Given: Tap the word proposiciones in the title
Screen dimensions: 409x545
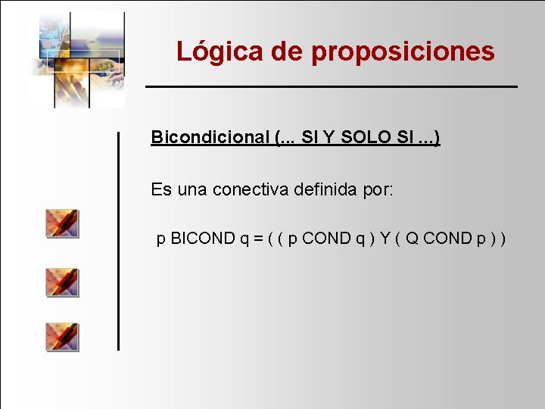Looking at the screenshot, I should tap(403, 52).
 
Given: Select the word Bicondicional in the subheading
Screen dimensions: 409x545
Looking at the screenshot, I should tap(210, 137).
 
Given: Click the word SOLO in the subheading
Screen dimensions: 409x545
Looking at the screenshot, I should tap(369, 137).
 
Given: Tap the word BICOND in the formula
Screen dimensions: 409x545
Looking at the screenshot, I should tap(203, 239).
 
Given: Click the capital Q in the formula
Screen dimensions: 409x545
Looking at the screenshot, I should tap(413, 239).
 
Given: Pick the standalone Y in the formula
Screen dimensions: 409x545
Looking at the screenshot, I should tap(385, 239).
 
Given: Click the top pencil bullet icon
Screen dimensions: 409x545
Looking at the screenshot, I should tap(62, 223).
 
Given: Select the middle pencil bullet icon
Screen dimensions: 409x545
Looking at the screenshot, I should tap(62, 282).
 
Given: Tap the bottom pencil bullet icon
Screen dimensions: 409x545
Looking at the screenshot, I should tap(62, 336).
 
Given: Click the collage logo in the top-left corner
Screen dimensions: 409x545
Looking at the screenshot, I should tap(79, 58).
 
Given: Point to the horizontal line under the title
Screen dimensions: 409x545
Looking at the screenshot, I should tap(331, 87).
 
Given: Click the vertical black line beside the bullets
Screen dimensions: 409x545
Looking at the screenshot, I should tap(118, 240).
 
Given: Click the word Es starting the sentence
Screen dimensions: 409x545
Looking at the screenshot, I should tap(161, 189).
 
